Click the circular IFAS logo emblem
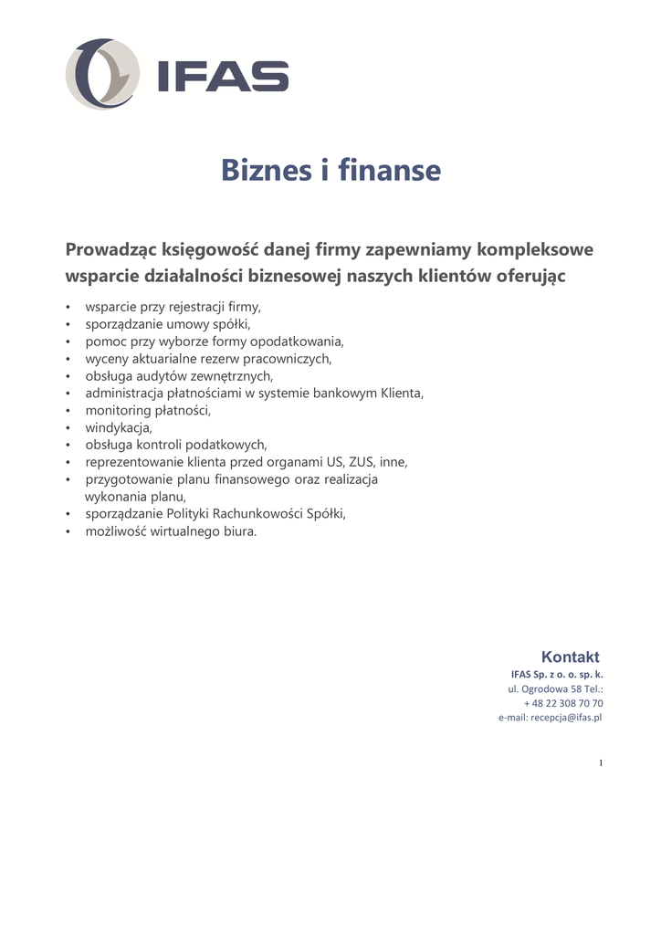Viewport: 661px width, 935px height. tap(102, 75)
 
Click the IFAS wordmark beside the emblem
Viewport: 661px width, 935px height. tap(223, 77)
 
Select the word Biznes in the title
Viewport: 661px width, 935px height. tap(263, 170)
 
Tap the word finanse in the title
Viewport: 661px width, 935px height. tap(389, 170)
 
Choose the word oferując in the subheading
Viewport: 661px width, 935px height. tap(530, 276)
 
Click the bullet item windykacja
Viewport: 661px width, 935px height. tap(119, 427)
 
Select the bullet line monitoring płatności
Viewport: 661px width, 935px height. tap(148, 410)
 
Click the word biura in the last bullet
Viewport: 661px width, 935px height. tap(240, 531)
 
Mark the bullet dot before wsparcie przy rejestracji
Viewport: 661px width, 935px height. tap(68, 307)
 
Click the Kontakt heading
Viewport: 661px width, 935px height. tap(570, 657)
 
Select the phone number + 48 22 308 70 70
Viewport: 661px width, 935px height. tap(563, 703)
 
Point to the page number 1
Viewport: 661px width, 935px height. tap(601, 763)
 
